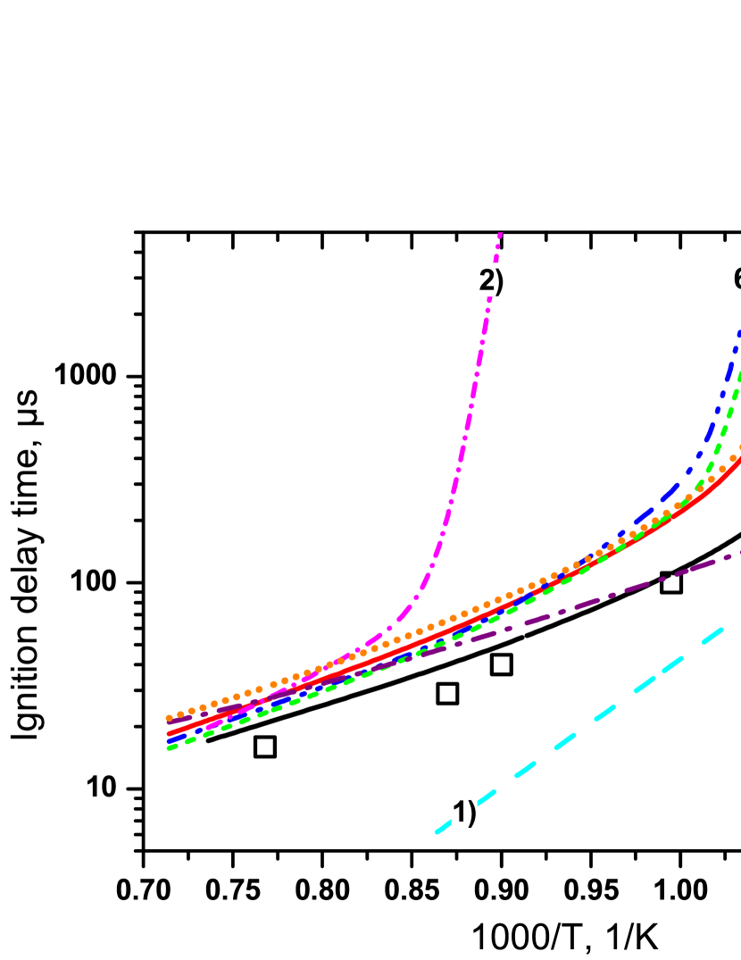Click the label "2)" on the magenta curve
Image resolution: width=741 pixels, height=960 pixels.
click(x=492, y=280)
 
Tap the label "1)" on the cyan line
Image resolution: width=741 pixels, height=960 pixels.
click(x=464, y=812)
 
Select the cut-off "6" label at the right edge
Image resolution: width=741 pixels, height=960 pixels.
click(x=737, y=278)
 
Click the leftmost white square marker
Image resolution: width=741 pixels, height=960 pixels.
click(x=265, y=747)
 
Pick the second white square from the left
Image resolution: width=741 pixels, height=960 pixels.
click(x=447, y=694)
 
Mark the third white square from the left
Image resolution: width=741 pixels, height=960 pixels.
click(x=502, y=664)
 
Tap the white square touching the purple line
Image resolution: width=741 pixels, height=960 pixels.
click(x=671, y=583)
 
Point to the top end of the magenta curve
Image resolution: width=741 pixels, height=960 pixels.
click(x=500, y=234)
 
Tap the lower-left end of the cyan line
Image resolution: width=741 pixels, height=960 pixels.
click(x=437, y=832)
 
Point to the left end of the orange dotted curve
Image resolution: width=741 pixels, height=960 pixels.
click(x=169, y=718)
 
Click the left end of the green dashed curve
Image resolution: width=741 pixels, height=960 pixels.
click(x=169, y=747)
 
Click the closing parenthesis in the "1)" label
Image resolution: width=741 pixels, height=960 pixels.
click(x=472, y=813)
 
